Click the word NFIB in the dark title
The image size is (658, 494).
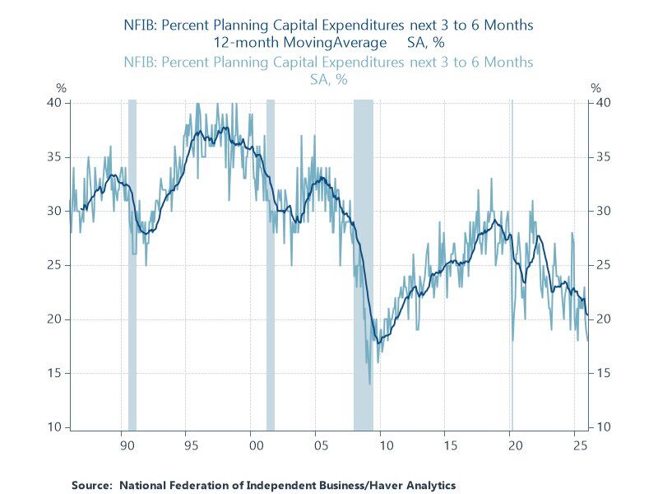(x=144, y=25)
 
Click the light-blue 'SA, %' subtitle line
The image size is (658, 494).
(x=328, y=80)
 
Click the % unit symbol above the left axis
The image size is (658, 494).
(x=60, y=87)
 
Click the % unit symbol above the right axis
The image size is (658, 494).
(x=597, y=87)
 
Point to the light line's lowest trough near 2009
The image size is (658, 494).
(x=370, y=384)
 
